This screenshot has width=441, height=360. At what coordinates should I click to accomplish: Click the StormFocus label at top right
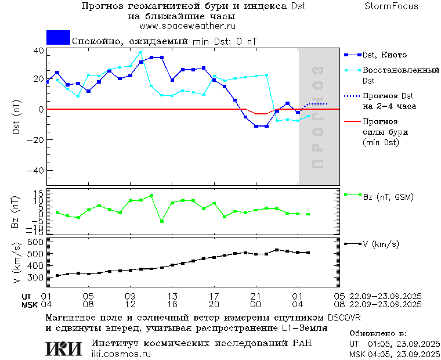(x=391, y=6)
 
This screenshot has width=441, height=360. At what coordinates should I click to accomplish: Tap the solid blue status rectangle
(x=58, y=37)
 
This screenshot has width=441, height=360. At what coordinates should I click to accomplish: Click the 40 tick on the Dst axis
(x=38, y=51)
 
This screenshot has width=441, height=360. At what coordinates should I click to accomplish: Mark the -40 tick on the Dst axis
(x=37, y=171)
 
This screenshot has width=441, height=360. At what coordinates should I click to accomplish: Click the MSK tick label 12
(x=131, y=304)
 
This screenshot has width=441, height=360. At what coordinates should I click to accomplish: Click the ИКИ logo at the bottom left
(x=64, y=348)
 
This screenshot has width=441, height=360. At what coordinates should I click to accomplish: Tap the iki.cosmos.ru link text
(x=121, y=354)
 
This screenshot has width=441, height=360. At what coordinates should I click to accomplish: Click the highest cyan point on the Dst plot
(x=140, y=53)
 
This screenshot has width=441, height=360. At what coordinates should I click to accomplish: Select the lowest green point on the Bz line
(x=161, y=221)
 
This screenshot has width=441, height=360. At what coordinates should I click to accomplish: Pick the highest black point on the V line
(x=277, y=250)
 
